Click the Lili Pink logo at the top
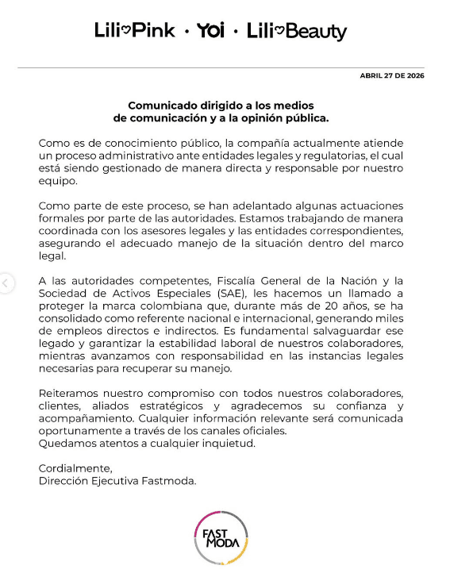[134, 31]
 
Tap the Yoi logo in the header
[211, 31]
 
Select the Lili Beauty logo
[296, 32]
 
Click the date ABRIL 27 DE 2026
[392, 75]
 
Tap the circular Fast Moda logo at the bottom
[221, 539]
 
